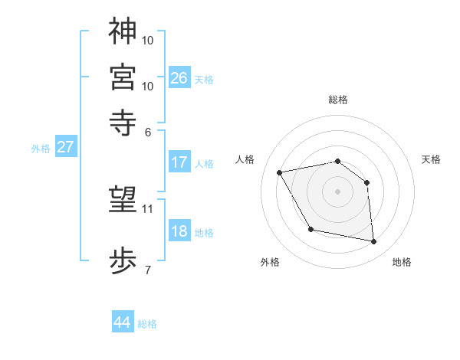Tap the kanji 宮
pos(123,77)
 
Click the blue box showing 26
pos(179,77)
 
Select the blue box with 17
pos(179,162)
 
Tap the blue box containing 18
pos(179,231)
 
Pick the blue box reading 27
pos(65,147)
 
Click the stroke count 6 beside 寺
pos(148,131)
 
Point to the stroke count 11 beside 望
pos(148,208)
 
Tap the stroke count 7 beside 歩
pos(148,270)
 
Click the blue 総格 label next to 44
pos(147,324)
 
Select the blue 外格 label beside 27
pos(41,149)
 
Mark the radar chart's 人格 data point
pos(281,173)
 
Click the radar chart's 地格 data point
pos(373,242)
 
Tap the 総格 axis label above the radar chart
pos(337,100)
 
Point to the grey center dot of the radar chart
pos(337,191)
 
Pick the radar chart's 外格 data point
pos(310,229)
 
